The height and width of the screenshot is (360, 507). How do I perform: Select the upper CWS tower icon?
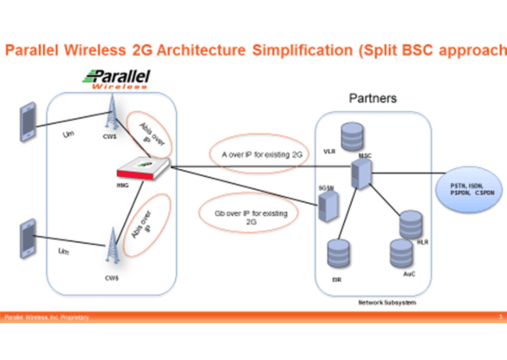click(110, 112)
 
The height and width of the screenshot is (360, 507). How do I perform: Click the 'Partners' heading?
click(373, 99)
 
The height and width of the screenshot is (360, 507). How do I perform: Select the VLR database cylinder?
click(351, 138)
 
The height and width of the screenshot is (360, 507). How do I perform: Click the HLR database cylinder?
click(410, 224)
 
